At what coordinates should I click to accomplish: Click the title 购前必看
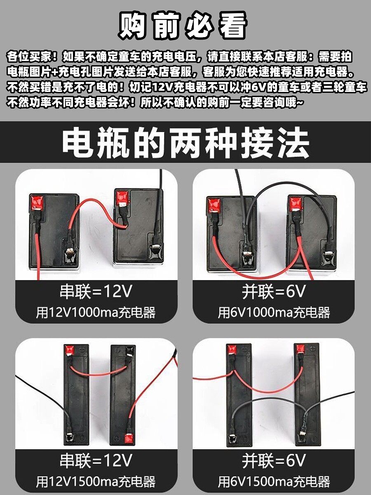pyautogui.click(x=183, y=26)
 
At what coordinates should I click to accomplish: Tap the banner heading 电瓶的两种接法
pyautogui.click(x=185, y=142)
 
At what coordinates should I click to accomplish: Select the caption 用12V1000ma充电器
pyautogui.click(x=96, y=313)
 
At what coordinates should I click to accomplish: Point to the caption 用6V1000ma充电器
pyautogui.click(x=274, y=313)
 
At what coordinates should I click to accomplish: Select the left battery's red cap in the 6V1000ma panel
pyautogui.click(x=213, y=205)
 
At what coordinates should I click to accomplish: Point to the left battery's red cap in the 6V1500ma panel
pyautogui.click(x=232, y=349)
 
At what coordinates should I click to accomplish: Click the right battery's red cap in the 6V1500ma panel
pyautogui.click(x=300, y=349)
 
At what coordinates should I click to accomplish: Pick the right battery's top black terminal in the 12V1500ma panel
pyautogui.click(x=130, y=351)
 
